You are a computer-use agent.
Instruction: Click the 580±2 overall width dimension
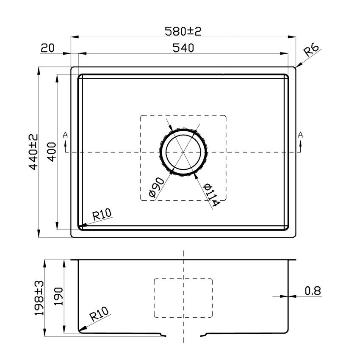point(183,31)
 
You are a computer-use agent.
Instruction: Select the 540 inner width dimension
point(183,48)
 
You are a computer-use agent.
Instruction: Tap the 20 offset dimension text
point(48,48)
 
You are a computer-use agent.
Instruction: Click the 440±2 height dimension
point(33,152)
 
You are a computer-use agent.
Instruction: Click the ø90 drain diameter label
point(157,188)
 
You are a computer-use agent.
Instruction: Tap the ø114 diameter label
point(210,194)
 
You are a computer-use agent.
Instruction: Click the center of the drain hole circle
point(183,152)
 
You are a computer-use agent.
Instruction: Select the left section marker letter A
point(65,135)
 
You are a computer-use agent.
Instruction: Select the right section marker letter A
point(300,135)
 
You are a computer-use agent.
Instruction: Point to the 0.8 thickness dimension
point(313,291)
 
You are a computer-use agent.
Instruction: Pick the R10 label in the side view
point(99,316)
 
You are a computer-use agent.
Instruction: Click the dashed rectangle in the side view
point(183,298)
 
